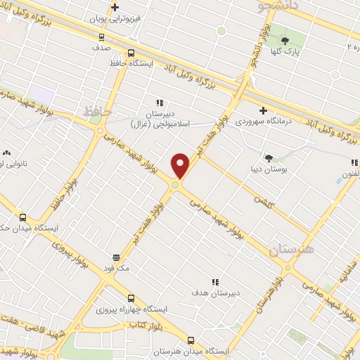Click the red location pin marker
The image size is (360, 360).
click(x=181, y=165)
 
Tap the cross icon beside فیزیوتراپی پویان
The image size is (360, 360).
click(x=115, y=8)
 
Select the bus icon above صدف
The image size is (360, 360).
click(x=101, y=37)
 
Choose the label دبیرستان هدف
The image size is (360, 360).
click(x=217, y=292)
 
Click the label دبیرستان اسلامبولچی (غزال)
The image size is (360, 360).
click(x=160, y=118)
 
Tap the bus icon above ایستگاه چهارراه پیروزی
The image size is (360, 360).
click(x=129, y=298)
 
